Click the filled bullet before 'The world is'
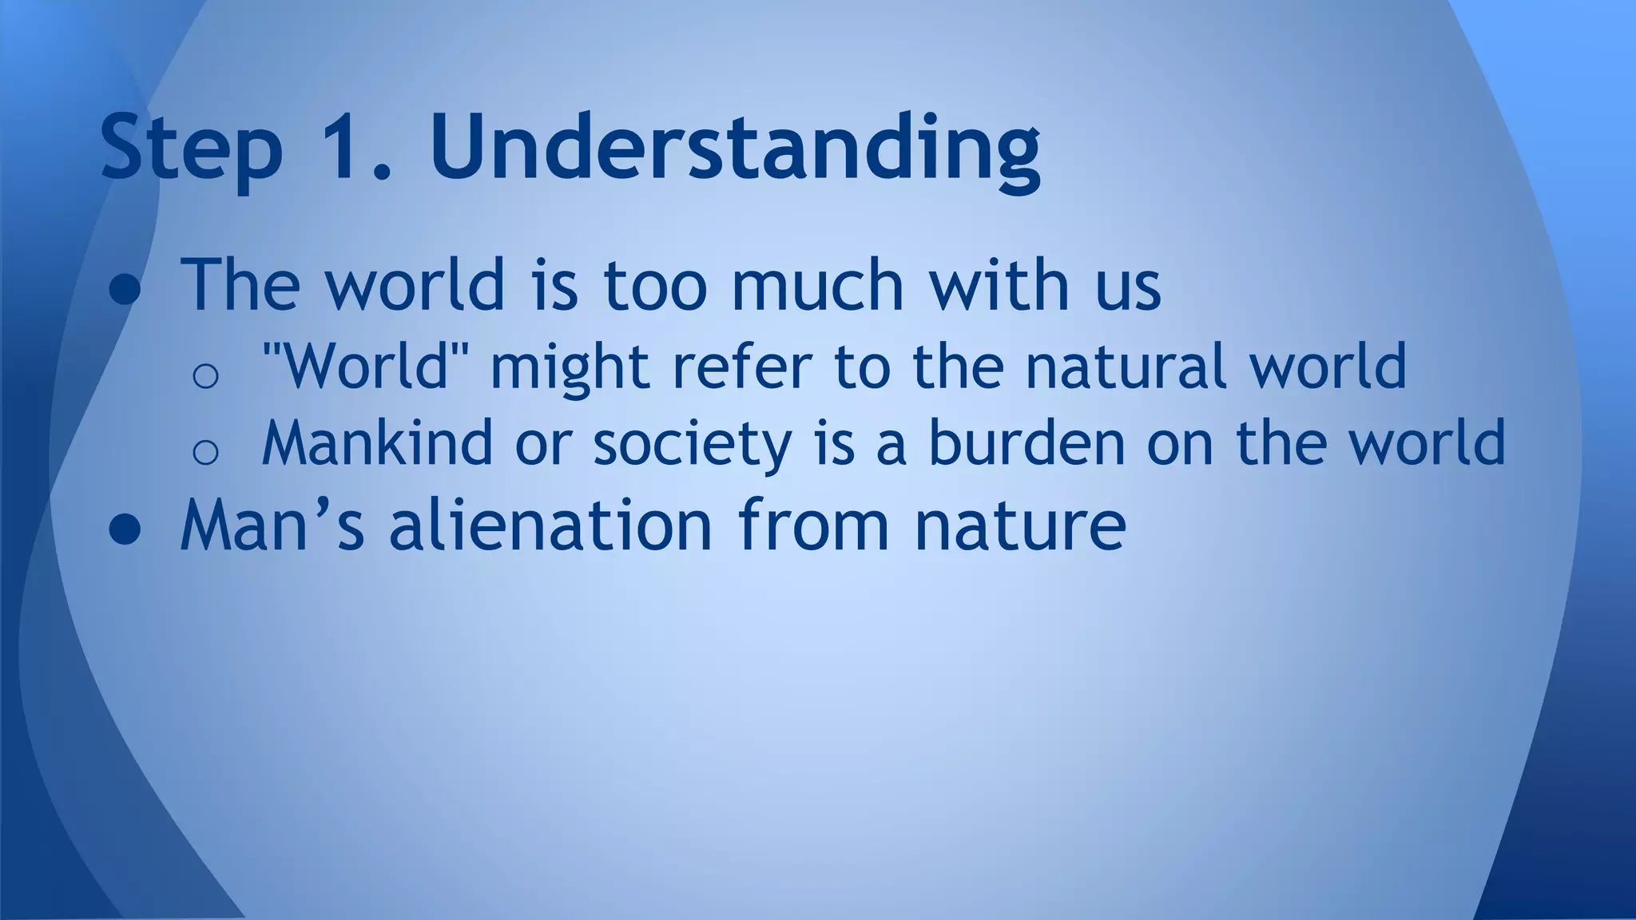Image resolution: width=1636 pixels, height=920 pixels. pos(125,291)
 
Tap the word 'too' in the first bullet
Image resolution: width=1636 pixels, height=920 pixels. pos(655,286)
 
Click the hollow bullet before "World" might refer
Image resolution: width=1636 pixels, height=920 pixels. pos(205,375)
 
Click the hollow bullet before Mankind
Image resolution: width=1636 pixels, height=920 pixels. pos(205,452)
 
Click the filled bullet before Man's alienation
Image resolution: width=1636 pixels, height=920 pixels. pos(125,530)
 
